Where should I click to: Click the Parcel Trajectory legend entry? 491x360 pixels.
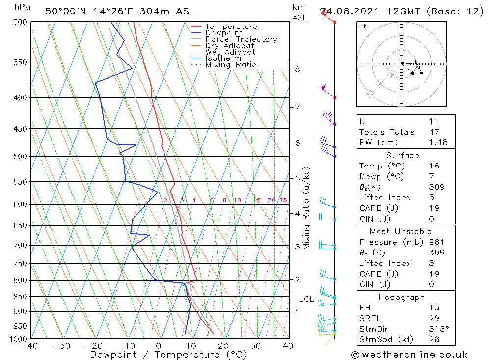(241, 39)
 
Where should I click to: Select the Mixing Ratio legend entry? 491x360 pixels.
(231, 64)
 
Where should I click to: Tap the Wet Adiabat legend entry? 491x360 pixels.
(230, 52)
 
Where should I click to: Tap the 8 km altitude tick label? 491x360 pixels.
(297, 69)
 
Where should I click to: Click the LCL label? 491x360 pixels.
(306, 299)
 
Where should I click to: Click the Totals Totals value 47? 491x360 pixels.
(434, 132)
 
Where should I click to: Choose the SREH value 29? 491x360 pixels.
(434, 318)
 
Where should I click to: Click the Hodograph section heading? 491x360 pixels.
(402, 297)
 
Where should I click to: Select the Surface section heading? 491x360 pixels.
(402, 155)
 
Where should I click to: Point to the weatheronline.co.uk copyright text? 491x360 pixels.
(409, 355)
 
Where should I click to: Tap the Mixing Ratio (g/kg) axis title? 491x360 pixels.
(306, 208)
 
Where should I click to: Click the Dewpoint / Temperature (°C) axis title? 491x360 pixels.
(168, 354)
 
